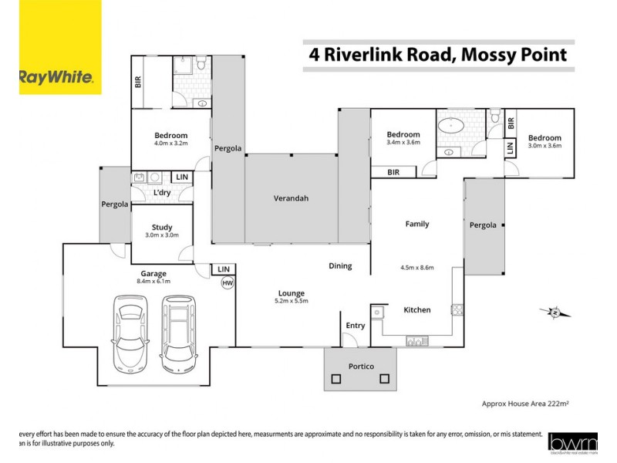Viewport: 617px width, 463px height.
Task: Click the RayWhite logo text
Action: tap(56, 77)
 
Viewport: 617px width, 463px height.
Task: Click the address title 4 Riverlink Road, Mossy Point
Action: tap(438, 55)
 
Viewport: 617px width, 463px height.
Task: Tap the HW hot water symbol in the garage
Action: tap(227, 283)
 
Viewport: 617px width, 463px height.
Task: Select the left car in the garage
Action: tap(129, 331)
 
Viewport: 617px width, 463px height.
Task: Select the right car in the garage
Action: tap(177, 331)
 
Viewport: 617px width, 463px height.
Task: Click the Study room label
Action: tap(162, 227)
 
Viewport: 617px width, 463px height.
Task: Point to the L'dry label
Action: tap(162, 192)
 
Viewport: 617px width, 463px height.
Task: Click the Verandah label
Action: tap(291, 198)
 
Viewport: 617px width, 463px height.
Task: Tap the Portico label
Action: tap(359, 366)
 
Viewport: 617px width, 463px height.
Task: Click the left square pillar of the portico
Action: tap(335, 379)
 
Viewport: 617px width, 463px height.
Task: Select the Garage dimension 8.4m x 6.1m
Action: tap(153, 282)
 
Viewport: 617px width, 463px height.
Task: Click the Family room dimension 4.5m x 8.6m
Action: tap(417, 268)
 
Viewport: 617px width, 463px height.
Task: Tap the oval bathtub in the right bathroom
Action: tap(450, 127)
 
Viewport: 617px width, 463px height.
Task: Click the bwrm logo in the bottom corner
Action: tap(571, 442)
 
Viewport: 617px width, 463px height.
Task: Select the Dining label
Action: tap(340, 265)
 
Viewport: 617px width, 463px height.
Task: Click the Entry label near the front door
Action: tap(356, 326)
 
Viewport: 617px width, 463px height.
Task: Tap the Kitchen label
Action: tap(417, 310)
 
